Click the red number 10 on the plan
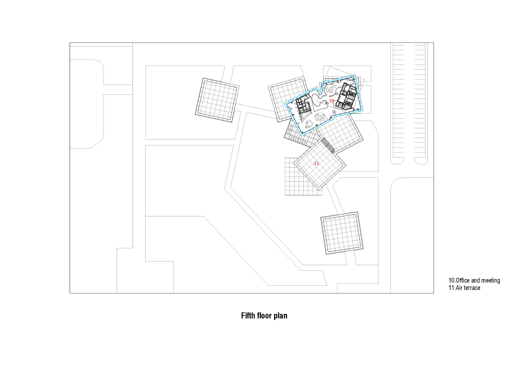click(x=331, y=101)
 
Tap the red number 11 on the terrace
click(x=316, y=163)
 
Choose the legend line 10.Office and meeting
click(x=474, y=280)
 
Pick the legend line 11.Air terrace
click(x=464, y=288)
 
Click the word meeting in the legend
click(x=491, y=280)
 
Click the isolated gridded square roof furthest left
click(x=217, y=100)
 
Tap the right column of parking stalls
click(x=420, y=103)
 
